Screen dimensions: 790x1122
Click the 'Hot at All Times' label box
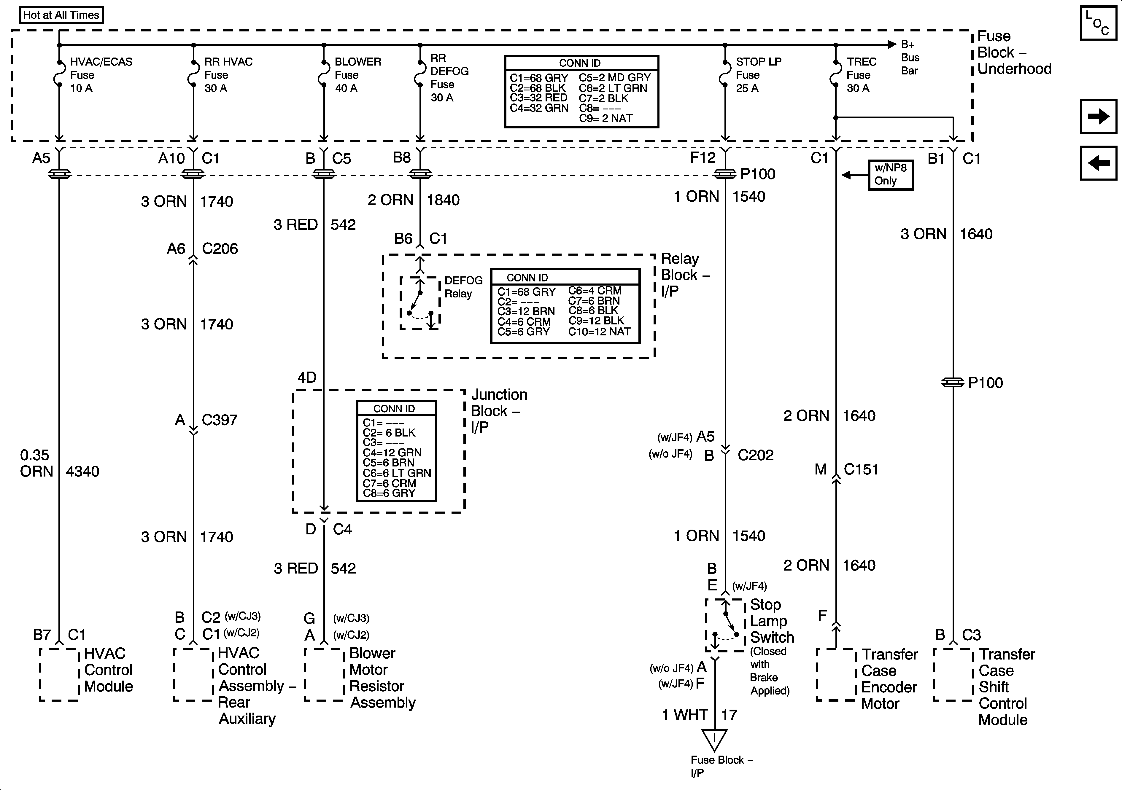click(61, 15)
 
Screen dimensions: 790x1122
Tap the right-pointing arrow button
click(1098, 116)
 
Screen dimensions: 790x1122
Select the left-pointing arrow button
click(1098, 163)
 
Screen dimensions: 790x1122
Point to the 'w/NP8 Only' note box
click(890, 174)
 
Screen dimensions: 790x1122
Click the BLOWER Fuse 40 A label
click(357, 75)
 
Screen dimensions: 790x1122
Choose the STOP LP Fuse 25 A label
click(758, 75)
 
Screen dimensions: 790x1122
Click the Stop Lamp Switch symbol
click(725, 625)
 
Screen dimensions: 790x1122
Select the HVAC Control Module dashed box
click(59, 675)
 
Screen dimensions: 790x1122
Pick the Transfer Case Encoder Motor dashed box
click(836, 675)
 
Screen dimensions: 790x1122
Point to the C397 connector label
click(220, 420)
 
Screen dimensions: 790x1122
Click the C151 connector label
click(861, 469)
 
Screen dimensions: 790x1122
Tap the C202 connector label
click(756, 455)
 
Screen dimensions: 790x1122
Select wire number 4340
click(82, 472)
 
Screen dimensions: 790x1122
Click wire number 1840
click(443, 200)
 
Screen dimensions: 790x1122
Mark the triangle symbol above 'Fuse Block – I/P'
click(714, 740)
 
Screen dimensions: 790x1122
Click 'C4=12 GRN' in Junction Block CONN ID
click(392, 453)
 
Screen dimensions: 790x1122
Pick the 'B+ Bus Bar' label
click(910, 58)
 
